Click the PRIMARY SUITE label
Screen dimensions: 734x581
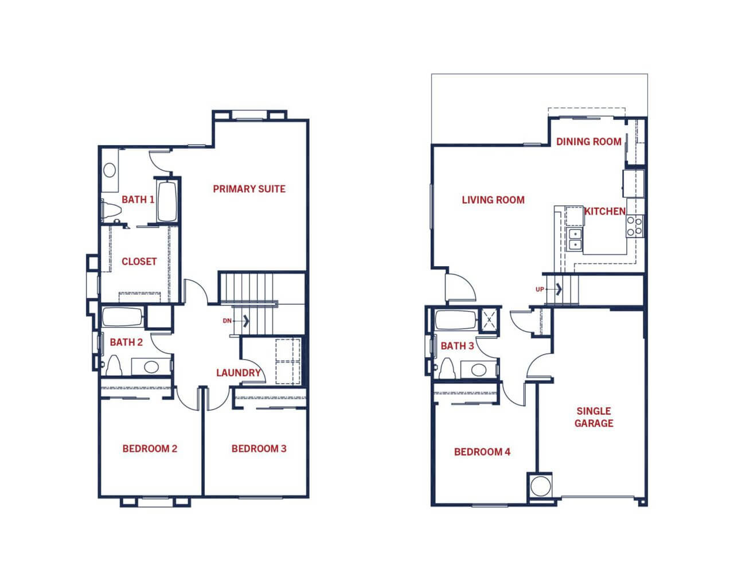point(249,189)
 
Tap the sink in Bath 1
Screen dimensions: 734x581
point(110,170)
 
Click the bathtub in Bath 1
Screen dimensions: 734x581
point(167,201)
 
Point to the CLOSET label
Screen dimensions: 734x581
point(139,262)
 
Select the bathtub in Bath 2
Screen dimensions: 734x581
point(122,317)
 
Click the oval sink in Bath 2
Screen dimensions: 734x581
point(151,367)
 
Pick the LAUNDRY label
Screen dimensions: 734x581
point(239,373)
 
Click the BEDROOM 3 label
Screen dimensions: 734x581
point(259,449)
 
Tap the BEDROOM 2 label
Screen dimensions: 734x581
point(150,449)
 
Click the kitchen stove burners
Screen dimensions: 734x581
point(635,226)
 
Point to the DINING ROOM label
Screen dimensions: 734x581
point(589,142)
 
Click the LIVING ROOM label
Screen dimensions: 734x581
point(493,200)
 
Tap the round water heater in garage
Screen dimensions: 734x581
point(541,486)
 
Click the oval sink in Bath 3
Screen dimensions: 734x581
point(478,370)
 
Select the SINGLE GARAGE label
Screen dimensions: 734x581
point(594,417)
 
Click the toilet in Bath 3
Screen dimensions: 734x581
point(447,369)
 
